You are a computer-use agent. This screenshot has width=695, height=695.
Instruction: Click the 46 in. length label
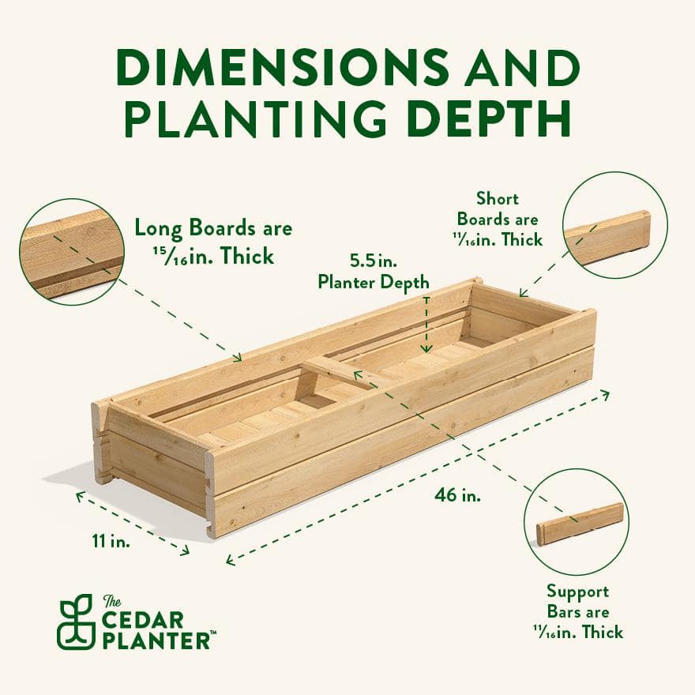(457, 496)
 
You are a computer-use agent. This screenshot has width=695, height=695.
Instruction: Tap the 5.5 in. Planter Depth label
(374, 271)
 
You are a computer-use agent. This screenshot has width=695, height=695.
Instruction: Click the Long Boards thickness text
(212, 242)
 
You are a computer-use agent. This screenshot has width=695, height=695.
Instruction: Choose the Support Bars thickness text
(577, 611)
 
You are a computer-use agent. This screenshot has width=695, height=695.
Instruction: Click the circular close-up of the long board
(72, 252)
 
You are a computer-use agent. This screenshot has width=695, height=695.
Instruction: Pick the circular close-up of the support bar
(576, 521)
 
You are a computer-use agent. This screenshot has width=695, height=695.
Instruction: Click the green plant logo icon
(76, 622)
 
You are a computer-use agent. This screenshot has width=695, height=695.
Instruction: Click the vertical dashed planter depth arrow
(426, 324)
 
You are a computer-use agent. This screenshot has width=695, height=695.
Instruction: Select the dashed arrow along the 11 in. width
(133, 522)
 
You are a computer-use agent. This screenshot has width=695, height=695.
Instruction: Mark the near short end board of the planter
(158, 466)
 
